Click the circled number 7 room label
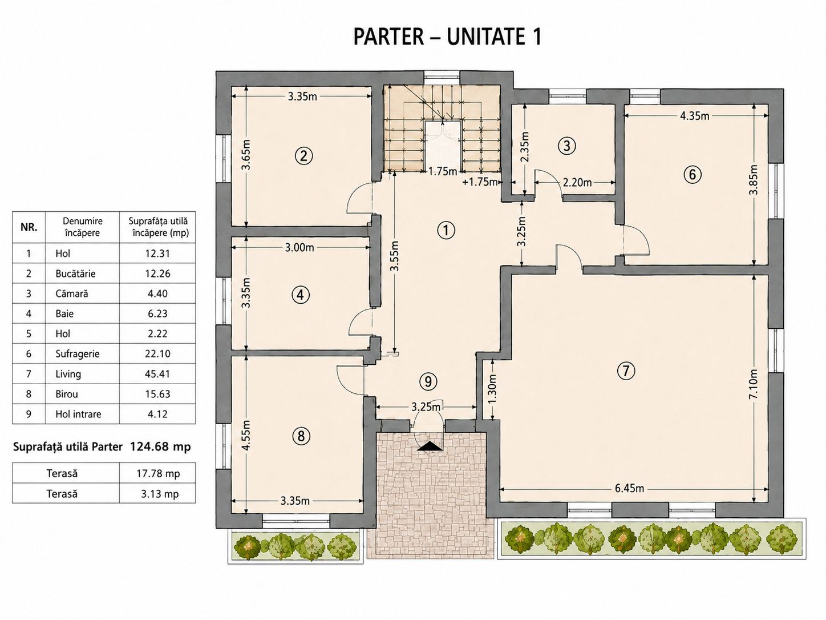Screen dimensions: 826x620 pyautogui.click(x=626, y=371)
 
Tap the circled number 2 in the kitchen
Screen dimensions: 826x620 pyautogui.click(x=303, y=155)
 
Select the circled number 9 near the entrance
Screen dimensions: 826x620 pyautogui.click(x=428, y=382)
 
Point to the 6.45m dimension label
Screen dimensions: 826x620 pyautogui.click(x=630, y=488)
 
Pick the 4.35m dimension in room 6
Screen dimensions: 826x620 pyautogui.click(x=695, y=116)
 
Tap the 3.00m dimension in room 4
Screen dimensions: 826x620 pyautogui.click(x=299, y=247)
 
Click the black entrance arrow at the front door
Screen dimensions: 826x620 pyautogui.click(x=428, y=446)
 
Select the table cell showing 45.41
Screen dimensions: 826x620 pyautogui.click(x=157, y=374)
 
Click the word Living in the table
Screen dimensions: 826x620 pyautogui.click(x=68, y=374)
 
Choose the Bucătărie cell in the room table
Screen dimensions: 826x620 pyautogui.click(x=75, y=273)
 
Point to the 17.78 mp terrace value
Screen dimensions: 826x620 pyautogui.click(x=158, y=474)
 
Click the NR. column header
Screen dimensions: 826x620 pyautogui.click(x=29, y=227)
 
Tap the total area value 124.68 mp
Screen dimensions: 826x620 pyautogui.click(x=160, y=447)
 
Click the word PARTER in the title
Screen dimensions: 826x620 pyautogui.click(x=388, y=37)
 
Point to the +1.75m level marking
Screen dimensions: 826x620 pyautogui.click(x=480, y=182)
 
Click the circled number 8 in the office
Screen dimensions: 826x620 pyautogui.click(x=301, y=436)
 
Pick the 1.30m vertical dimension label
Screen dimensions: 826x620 pyautogui.click(x=493, y=388)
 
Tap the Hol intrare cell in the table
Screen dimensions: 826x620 pyautogui.click(x=78, y=414)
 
